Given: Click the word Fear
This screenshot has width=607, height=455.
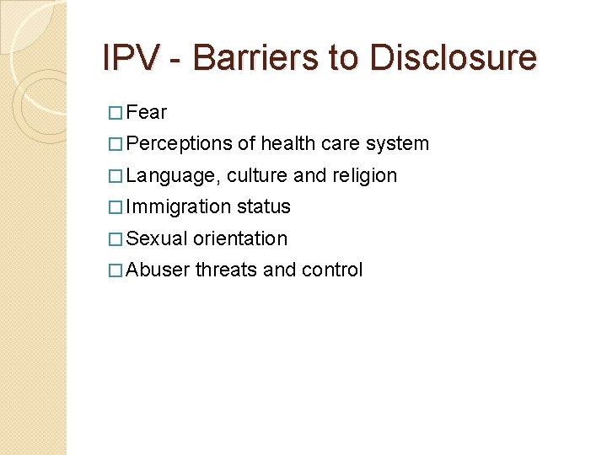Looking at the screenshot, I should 147,112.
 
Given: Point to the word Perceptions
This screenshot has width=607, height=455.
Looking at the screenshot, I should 180,144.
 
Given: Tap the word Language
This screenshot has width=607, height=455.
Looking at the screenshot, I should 173,175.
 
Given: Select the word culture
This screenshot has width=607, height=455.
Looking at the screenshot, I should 256,175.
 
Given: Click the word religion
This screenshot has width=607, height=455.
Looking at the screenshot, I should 365,175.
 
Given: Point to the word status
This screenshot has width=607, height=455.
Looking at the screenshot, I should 264,206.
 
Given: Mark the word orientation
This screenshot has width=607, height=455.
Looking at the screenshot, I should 240,238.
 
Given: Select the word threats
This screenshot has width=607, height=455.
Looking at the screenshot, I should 227,270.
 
